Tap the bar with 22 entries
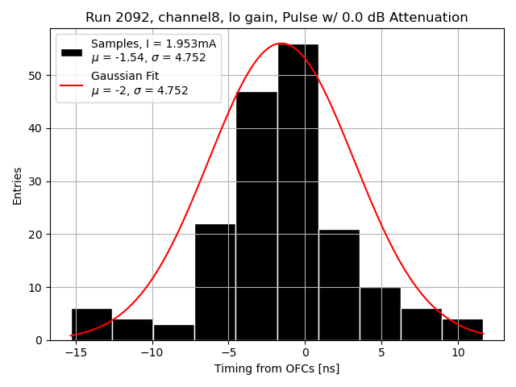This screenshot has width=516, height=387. coord(215,282)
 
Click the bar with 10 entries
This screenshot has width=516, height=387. coord(380,314)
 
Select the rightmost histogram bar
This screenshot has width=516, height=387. coord(463,330)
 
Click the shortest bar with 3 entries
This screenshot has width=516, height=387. coord(173,332)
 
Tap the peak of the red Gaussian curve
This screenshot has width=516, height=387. coord(281,44)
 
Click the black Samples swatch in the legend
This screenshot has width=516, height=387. coord(71,52)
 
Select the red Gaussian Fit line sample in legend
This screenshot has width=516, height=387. coord(71,84)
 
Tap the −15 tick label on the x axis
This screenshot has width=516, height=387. coord(76,353)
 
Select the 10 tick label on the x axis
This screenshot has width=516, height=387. coord(457,353)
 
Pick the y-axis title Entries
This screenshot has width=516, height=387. coord(18,185)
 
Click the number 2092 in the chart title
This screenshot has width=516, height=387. coord(128,18)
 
